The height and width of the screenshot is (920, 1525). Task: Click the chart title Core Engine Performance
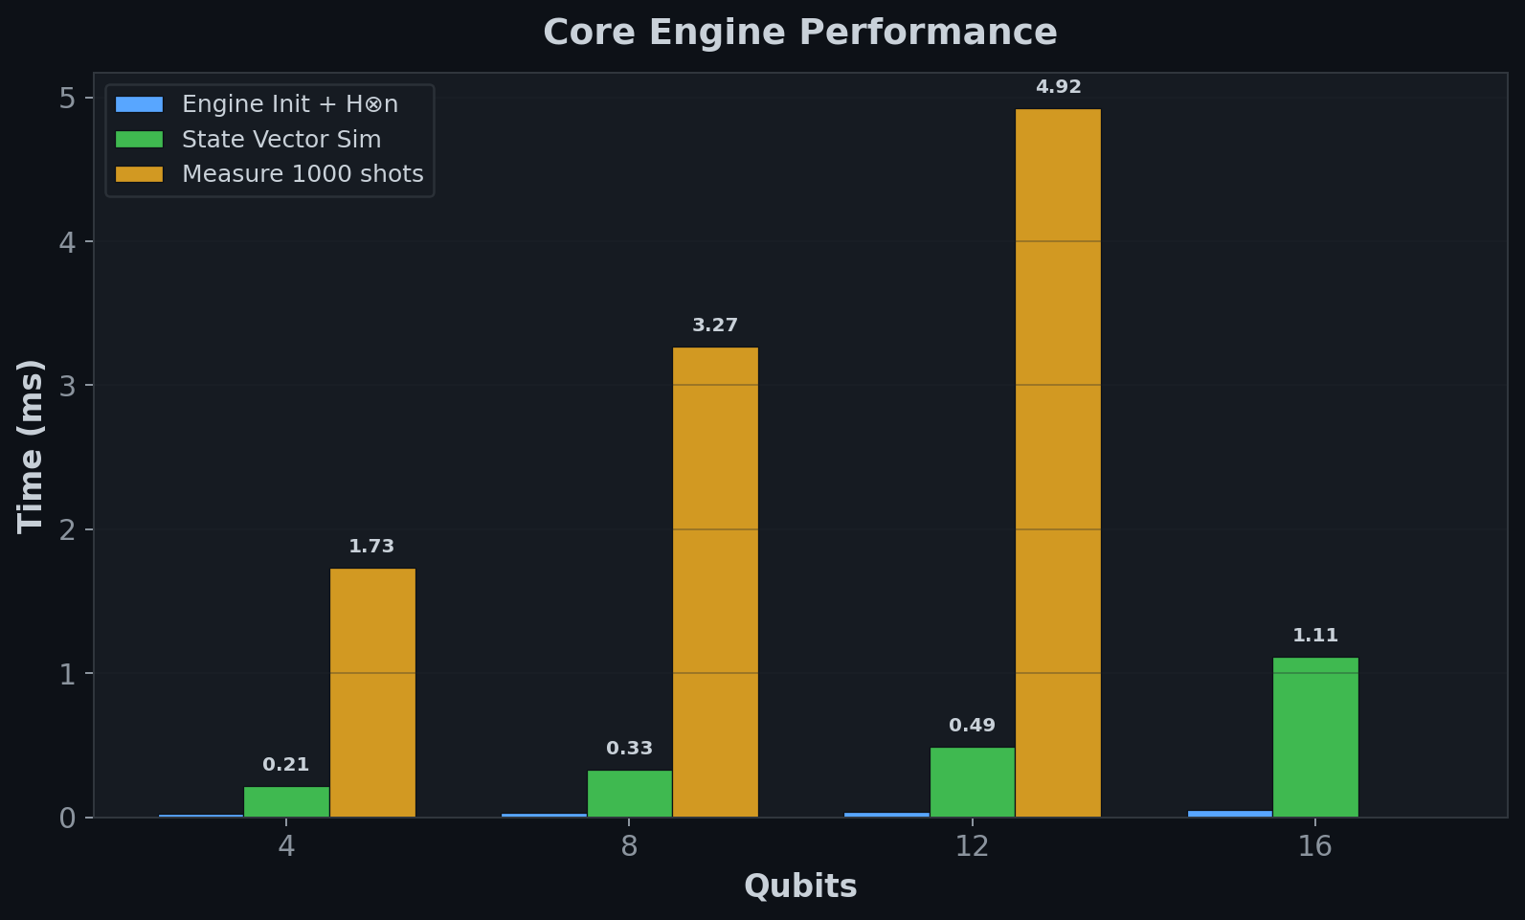(x=799, y=33)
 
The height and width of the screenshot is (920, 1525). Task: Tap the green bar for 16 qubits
(x=1315, y=737)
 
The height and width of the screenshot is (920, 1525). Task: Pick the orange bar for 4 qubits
(x=372, y=693)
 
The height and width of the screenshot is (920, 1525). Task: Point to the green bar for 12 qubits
(x=972, y=782)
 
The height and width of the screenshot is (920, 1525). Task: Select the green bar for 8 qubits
(x=629, y=794)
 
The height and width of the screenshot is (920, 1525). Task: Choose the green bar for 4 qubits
(x=286, y=802)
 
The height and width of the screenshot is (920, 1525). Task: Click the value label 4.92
(x=1058, y=87)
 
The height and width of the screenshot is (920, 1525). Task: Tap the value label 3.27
(x=715, y=325)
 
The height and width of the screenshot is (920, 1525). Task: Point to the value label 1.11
(x=1315, y=636)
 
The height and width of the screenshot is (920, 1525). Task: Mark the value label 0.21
(x=286, y=765)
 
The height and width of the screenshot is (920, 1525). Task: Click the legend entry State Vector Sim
(x=281, y=140)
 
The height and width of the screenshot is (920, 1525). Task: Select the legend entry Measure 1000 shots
(x=303, y=174)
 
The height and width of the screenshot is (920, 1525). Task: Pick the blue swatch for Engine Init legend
(x=140, y=104)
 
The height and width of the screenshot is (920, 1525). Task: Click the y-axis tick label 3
(x=67, y=386)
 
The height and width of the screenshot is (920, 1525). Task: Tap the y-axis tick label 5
(x=67, y=98)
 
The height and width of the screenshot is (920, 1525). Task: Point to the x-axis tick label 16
(x=1314, y=846)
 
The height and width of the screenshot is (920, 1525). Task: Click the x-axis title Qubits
(x=799, y=886)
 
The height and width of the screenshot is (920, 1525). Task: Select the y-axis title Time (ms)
(x=31, y=446)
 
